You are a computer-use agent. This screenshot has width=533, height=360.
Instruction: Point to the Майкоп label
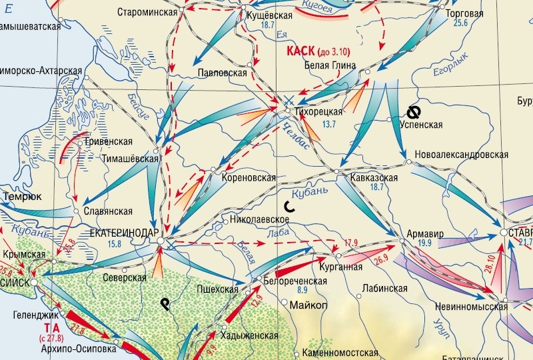click(x=309, y=305)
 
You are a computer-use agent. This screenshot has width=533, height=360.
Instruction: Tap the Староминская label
click(x=147, y=13)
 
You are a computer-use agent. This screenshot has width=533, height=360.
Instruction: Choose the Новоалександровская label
click(x=461, y=154)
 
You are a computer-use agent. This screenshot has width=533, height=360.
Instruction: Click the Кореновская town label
click(x=248, y=178)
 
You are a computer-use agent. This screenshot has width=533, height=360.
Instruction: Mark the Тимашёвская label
click(x=131, y=159)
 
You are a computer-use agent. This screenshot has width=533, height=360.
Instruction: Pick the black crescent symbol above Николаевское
click(x=287, y=206)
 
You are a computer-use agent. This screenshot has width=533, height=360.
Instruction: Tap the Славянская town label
click(x=109, y=211)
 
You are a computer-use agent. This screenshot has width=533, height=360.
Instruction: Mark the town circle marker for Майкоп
click(x=284, y=303)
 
